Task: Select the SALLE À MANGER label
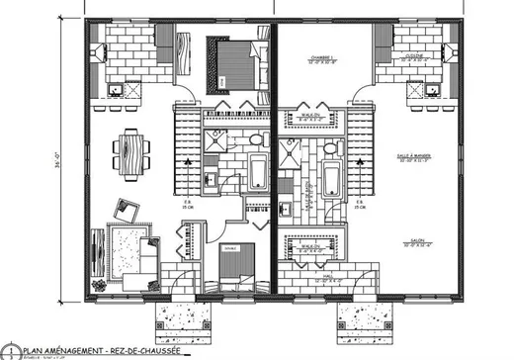[x=427, y=157]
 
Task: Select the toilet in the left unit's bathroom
[x=212, y=179]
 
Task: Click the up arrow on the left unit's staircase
[x=187, y=158]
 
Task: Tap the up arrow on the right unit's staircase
[x=357, y=158]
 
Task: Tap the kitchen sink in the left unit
[x=117, y=88]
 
